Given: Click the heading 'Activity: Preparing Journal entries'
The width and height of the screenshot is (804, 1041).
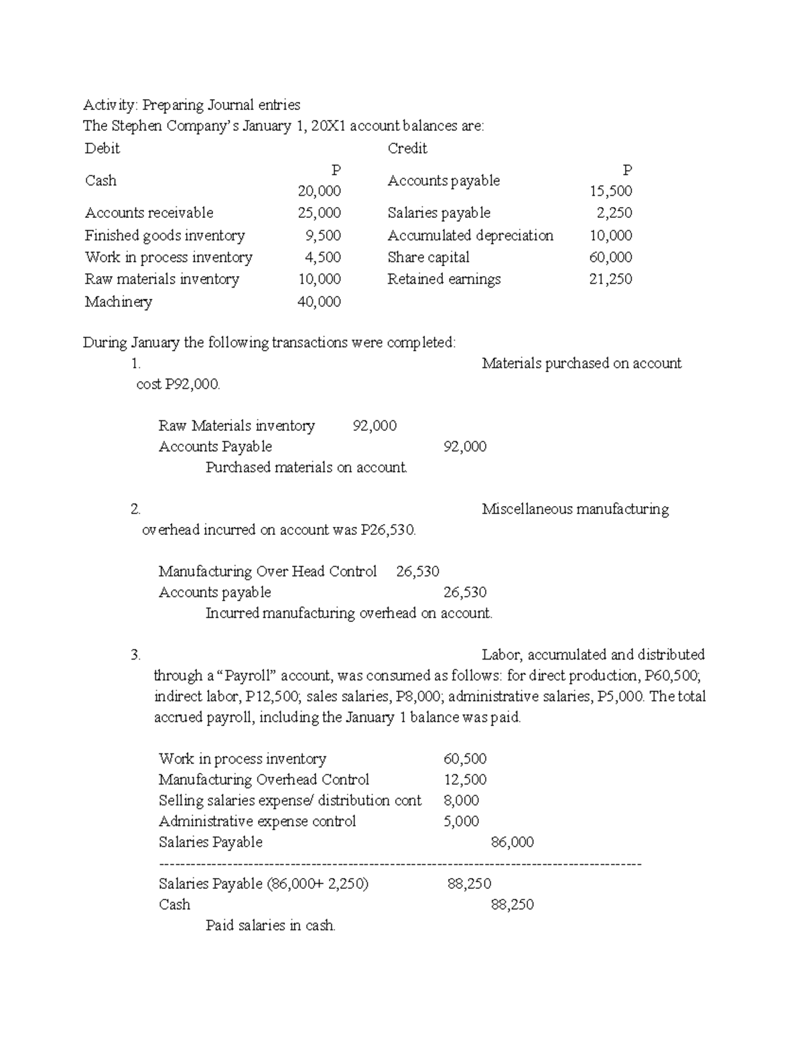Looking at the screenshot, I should click(192, 105).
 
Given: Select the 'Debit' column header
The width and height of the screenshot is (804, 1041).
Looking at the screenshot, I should click(102, 148).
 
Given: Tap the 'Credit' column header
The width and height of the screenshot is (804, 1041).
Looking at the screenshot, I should click(407, 148).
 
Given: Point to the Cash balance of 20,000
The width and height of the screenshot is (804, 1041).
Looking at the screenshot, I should click(320, 191).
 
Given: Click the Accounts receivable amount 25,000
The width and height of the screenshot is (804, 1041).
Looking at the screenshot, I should click(320, 213).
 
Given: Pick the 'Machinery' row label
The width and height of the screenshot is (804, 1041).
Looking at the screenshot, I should click(119, 302).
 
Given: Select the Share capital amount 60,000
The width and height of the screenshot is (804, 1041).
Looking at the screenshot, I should click(610, 257).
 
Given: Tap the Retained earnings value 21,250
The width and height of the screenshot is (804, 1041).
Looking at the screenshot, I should click(610, 280).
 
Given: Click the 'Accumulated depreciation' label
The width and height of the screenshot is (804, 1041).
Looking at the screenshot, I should click(470, 235).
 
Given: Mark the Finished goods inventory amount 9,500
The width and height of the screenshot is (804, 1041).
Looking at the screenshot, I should click(324, 235).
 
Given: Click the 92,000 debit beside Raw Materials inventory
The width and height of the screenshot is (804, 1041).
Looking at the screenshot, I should click(375, 426).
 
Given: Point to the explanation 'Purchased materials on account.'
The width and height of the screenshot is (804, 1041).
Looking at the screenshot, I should click(306, 467).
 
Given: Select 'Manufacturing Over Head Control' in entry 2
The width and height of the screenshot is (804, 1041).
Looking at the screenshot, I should click(267, 571).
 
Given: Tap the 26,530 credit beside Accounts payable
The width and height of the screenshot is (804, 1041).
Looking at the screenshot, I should click(465, 592).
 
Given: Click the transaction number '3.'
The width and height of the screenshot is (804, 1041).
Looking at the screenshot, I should click(136, 655).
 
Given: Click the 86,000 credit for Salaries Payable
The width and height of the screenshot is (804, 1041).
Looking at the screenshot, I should click(513, 842).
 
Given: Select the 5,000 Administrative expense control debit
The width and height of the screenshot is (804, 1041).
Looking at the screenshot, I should click(461, 821).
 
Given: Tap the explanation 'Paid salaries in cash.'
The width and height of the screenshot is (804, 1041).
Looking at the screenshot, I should click(271, 926).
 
